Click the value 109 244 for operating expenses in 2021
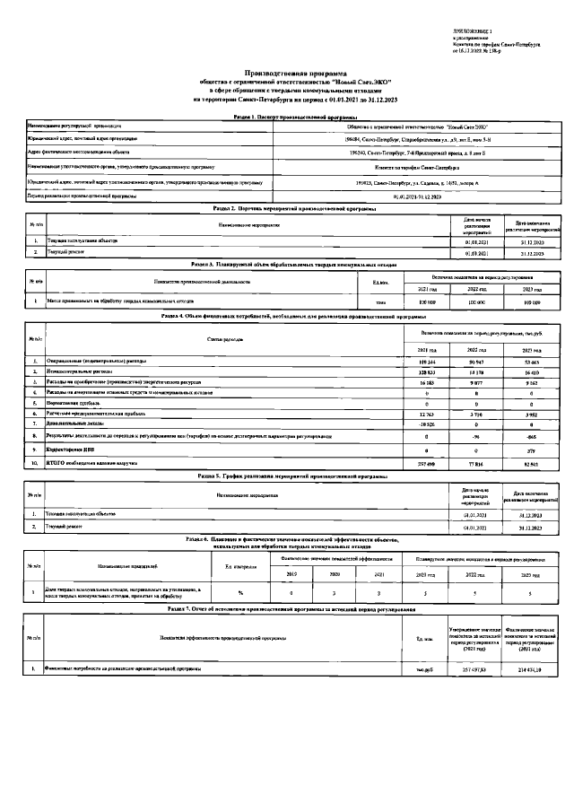(428, 360)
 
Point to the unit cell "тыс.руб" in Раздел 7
(412, 668)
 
